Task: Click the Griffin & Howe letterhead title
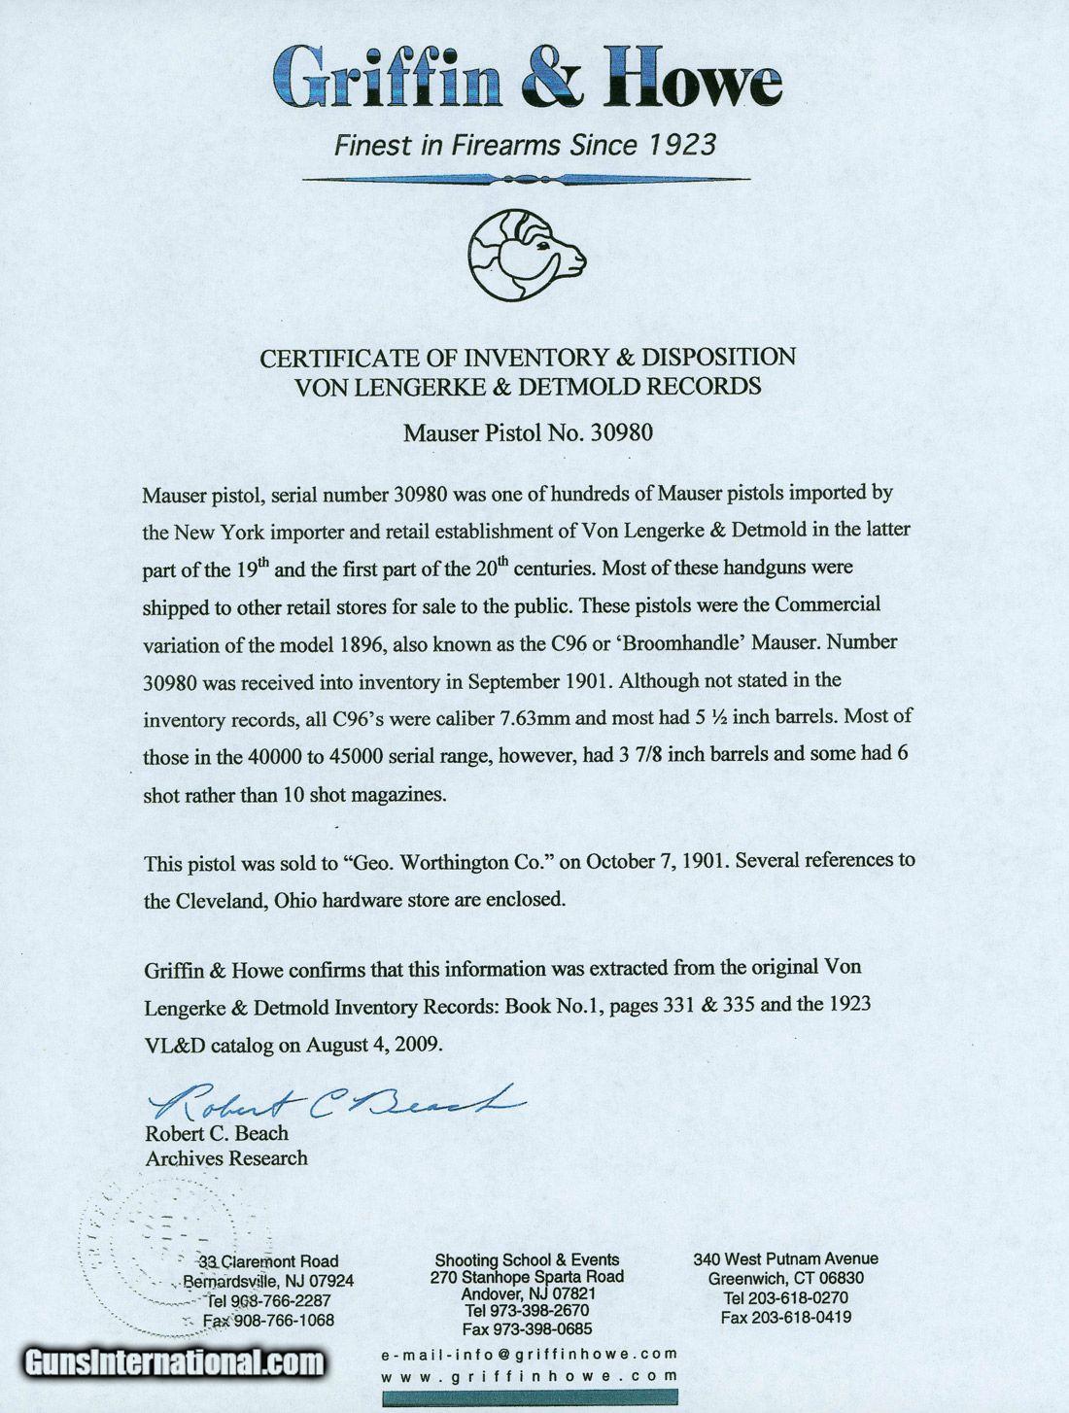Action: [x=527, y=79]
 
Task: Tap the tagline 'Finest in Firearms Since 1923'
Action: [x=525, y=146]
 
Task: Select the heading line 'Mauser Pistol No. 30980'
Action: [x=528, y=432]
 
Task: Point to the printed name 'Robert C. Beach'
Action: [x=217, y=1133]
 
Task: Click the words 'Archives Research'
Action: [x=226, y=1158]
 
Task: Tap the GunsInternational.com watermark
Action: [x=175, y=1362]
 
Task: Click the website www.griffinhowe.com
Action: [x=530, y=1376]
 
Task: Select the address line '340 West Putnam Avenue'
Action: [x=785, y=1258]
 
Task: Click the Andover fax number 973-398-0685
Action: [x=527, y=1329]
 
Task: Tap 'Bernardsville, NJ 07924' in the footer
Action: [x=268, y=1281]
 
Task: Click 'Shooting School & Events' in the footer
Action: [x=527, y=1259]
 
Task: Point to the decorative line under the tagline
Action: [x=526, y=179]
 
